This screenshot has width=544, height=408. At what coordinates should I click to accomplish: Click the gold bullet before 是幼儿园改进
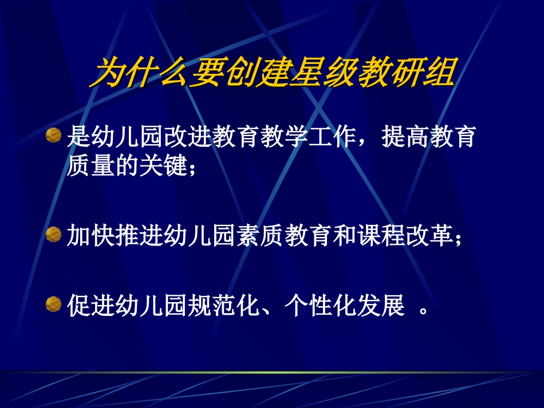(53, 136)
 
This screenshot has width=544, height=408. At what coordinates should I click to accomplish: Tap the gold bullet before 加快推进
(53, 233)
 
